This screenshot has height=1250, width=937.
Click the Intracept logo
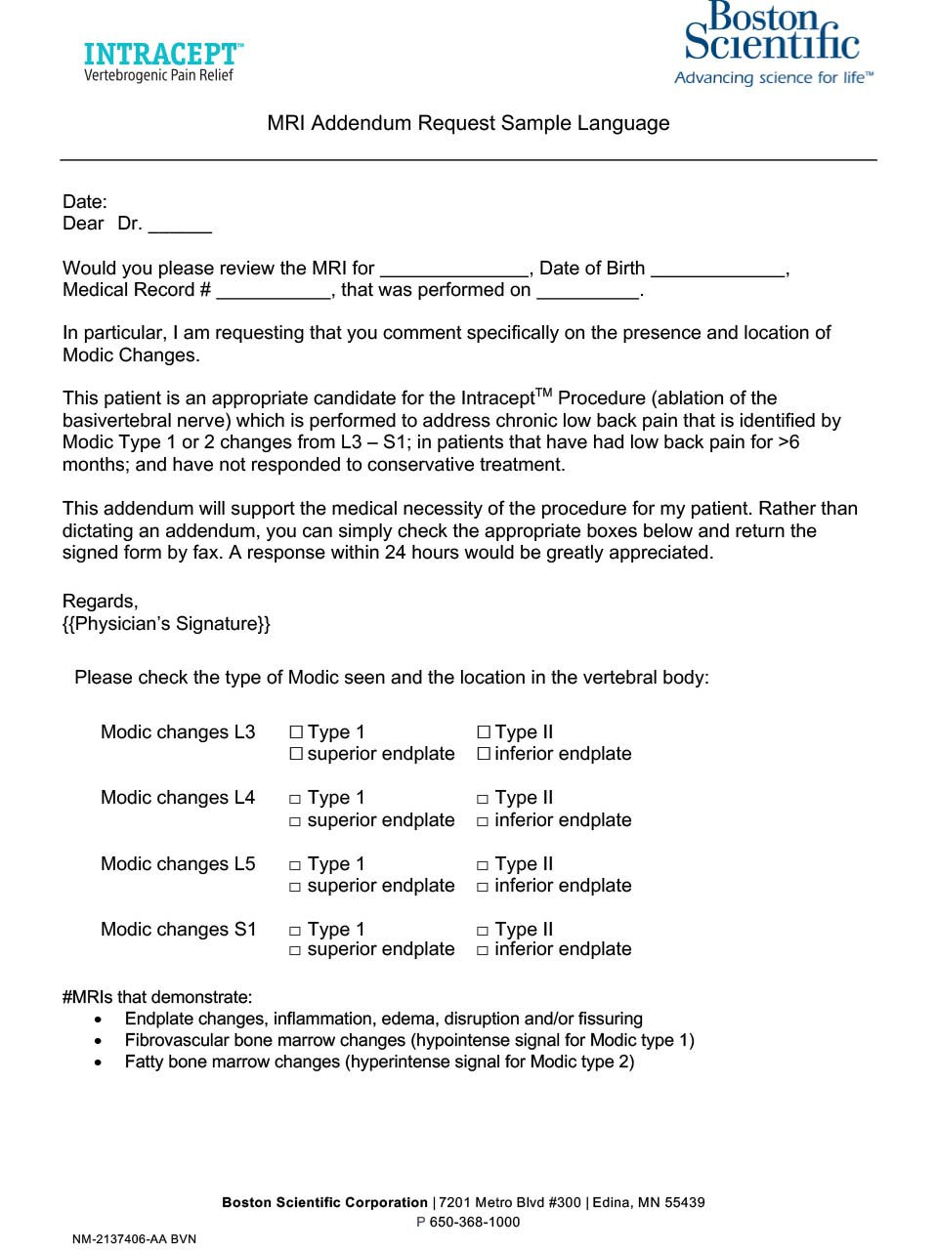163,62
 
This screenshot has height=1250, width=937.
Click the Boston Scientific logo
772,43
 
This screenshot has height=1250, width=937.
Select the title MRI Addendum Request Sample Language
468,124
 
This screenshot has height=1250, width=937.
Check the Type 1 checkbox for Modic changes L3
296,731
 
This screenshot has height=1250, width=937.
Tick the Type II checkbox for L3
484,731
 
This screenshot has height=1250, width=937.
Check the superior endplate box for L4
295,822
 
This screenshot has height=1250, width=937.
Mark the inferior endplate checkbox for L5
483,888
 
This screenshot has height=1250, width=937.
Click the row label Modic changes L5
178,864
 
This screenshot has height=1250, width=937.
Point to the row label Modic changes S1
178,930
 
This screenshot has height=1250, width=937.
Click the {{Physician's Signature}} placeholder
166,624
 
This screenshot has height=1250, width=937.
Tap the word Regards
100,602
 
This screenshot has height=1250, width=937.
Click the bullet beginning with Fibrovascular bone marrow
409,1041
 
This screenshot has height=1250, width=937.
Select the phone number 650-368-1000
475,1223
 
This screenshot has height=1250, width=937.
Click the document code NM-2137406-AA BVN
134,1239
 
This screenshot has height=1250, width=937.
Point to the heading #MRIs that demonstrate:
157,997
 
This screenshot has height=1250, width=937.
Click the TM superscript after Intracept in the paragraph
544,393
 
